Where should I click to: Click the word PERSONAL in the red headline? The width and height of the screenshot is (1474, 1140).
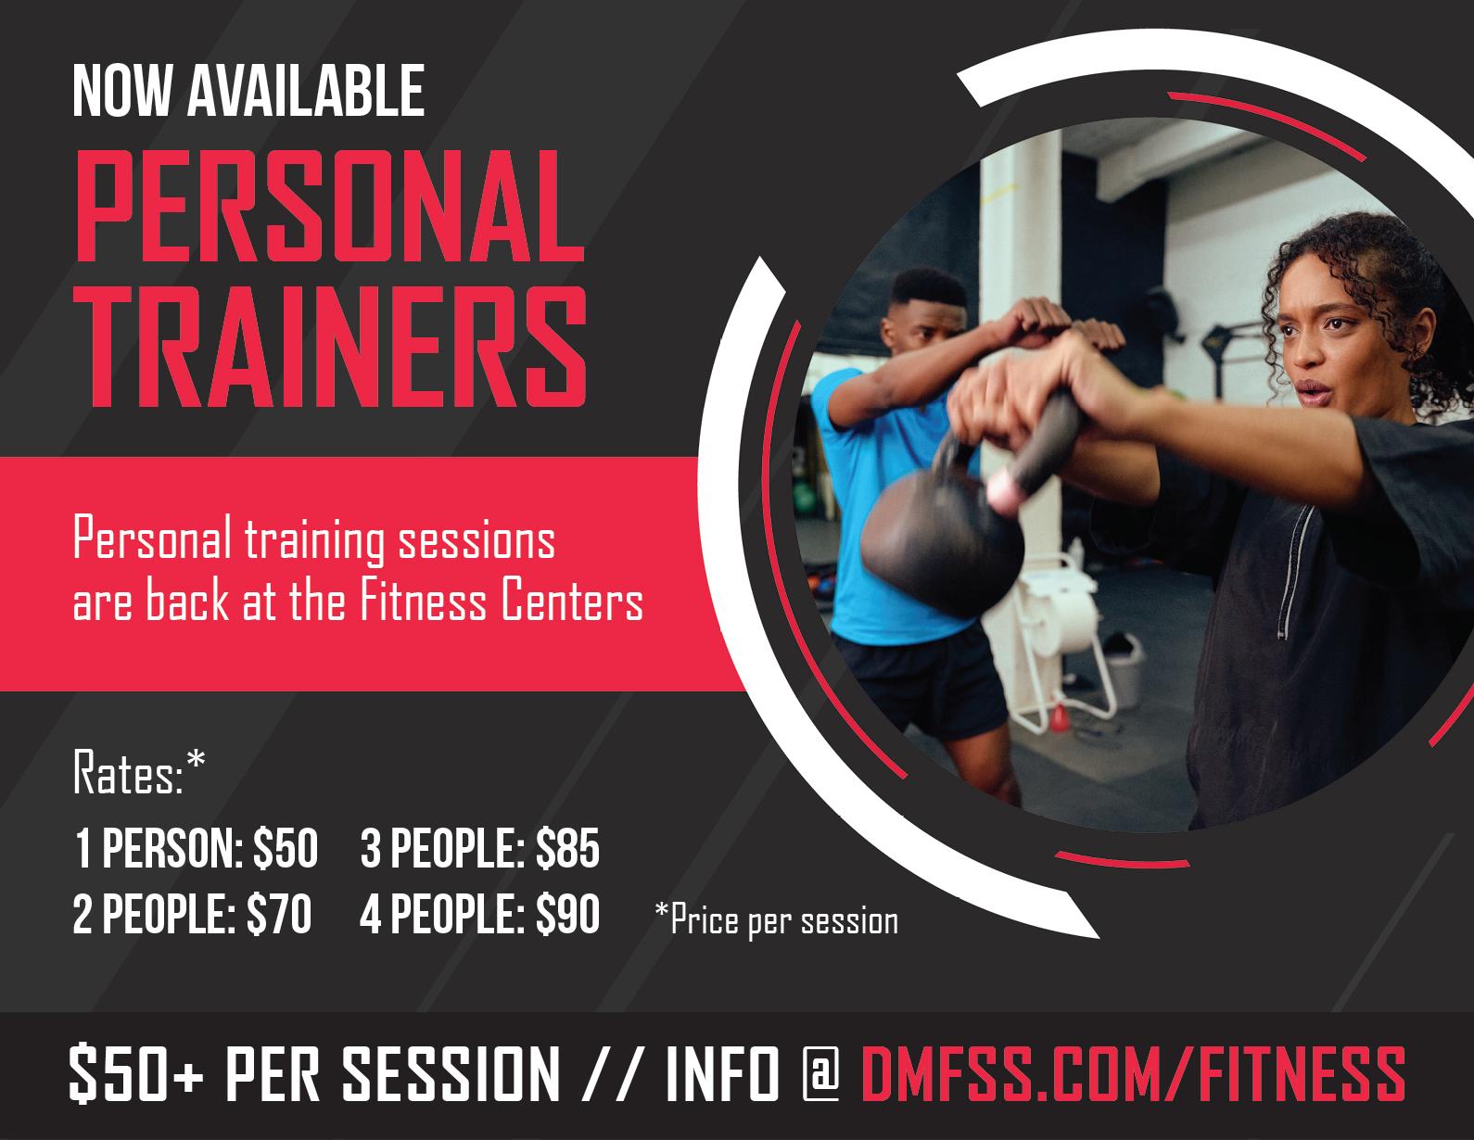pyautogui.click(x=330, y=206)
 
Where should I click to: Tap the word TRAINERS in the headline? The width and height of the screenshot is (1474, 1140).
pyautogui.click(x=330, y=347)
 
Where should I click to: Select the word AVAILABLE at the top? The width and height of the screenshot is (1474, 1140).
pyautogui.click(x=306, y=92)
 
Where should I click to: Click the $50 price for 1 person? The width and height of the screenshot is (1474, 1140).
pyautogui.click(x=286, y=848)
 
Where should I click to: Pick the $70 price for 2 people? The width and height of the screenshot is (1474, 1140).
pyautogui.click(x=279, y=914)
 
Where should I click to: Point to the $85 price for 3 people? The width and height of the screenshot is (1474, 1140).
pyautogui.click(x=567, y=848)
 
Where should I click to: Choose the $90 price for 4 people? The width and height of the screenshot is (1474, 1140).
pyautogui.click(x=567, y=914)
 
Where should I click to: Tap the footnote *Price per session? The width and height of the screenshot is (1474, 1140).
pyautogui.click(x=777, y=921)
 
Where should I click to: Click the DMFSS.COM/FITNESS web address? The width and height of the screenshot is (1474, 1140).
pyautogui.click(x=1134, y=1074)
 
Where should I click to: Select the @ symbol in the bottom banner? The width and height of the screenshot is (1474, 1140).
pyautogui.click(x=820, y=1073)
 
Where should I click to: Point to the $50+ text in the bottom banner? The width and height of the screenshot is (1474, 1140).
pyautogui.click(x=136, y=1074)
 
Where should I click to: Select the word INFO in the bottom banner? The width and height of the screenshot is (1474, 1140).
pyautogui.click(x=723, y=1074)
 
